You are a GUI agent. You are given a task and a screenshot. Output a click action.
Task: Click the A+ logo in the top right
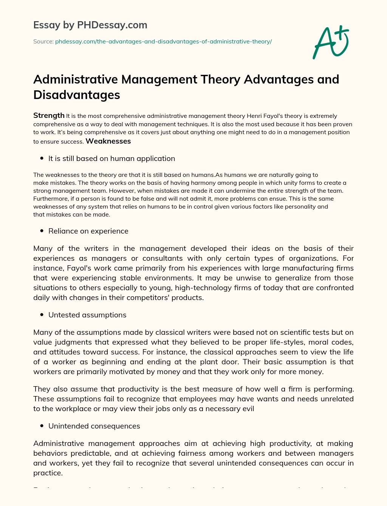[331, 42]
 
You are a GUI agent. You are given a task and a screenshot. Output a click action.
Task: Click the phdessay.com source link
[163, 42]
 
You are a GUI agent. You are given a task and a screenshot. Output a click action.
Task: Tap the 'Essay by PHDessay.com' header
[90, 25]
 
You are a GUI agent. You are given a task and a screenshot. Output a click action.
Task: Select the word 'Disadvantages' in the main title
[77, 95]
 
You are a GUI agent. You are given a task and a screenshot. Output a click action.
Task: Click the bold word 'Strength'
[49, 116]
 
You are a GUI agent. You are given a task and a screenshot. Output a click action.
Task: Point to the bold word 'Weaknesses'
[108, 141]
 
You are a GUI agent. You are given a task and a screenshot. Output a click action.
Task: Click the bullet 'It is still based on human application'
[111, 159]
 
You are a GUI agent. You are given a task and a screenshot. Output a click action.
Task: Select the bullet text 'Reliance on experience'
[88, 231]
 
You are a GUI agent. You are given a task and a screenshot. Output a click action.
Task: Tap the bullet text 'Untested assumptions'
[87, 315]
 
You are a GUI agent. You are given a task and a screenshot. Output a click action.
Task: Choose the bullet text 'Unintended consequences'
[94, 426]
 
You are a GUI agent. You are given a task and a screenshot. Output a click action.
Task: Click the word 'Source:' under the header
[43, 42]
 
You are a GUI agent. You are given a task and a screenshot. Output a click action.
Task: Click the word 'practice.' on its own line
[48, 473]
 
